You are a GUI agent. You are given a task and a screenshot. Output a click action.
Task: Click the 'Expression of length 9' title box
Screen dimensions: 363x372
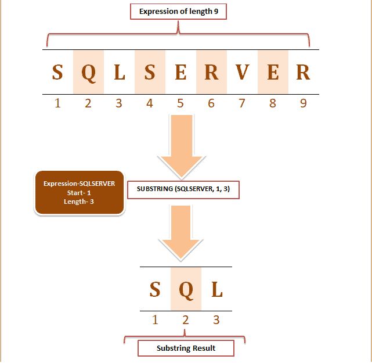click(178, 11)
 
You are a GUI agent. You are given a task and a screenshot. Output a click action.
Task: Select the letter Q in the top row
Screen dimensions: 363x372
click(88, 72)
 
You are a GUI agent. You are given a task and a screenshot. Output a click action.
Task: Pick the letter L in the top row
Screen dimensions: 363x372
click(119, 72)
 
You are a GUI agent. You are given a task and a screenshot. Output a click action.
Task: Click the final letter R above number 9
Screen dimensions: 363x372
click(303, 72)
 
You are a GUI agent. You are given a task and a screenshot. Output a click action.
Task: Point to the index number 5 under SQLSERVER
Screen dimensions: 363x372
click(180, 103)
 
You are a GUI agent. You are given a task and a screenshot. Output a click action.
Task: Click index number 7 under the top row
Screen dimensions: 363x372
click(242, 103)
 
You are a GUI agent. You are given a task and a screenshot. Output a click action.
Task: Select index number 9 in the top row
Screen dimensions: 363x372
click(303, 103)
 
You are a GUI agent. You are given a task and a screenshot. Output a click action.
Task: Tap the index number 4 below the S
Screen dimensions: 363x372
click(150, 103)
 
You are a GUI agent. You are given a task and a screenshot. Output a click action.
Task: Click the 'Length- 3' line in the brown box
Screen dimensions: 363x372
click(80, 202)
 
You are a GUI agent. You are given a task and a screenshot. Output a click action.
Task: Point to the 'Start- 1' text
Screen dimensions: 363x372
click(80, 193)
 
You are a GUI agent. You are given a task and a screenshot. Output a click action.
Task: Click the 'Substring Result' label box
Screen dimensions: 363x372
click(186, 348)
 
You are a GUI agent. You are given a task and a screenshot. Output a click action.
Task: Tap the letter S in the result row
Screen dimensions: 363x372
click(155, 289)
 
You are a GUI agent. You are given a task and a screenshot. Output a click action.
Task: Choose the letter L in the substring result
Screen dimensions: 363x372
click(217, 289)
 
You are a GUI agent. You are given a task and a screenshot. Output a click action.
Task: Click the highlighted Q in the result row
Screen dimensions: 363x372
click(186, 289)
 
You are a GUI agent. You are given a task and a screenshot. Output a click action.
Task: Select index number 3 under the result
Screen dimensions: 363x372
click(216, 319)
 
